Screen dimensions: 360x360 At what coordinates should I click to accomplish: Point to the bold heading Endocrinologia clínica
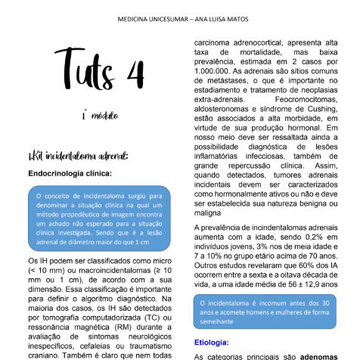pyautogui.click(x=69, y=173)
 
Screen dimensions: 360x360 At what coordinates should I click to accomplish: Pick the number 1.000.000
pyautogui.click(x=220, y=79)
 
